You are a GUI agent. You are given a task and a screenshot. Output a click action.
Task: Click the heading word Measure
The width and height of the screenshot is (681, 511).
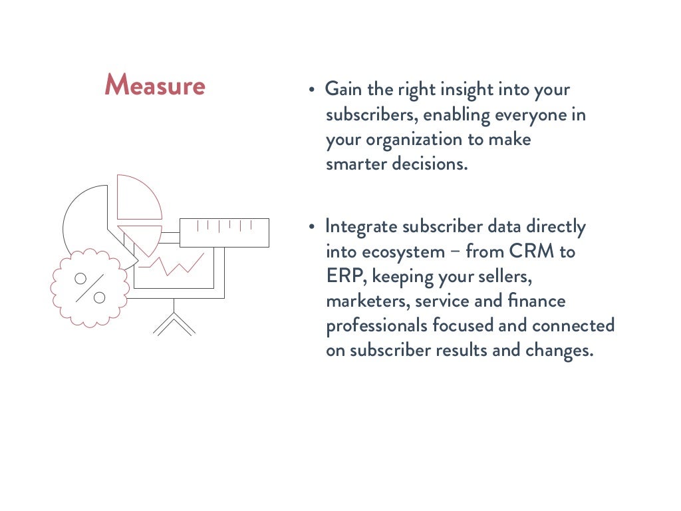click(x=155, y=86)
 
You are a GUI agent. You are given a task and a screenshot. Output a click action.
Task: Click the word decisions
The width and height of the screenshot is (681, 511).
click(x=430, y=164)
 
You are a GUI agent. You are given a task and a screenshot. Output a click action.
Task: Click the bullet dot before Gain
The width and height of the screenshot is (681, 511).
click(x=311, y=90)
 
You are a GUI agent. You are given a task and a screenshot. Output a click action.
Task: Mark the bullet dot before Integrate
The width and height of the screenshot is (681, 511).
click(x=311, y=228)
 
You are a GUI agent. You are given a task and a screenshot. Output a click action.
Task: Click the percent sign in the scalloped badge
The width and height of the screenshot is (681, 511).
click(x=90, y=287)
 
